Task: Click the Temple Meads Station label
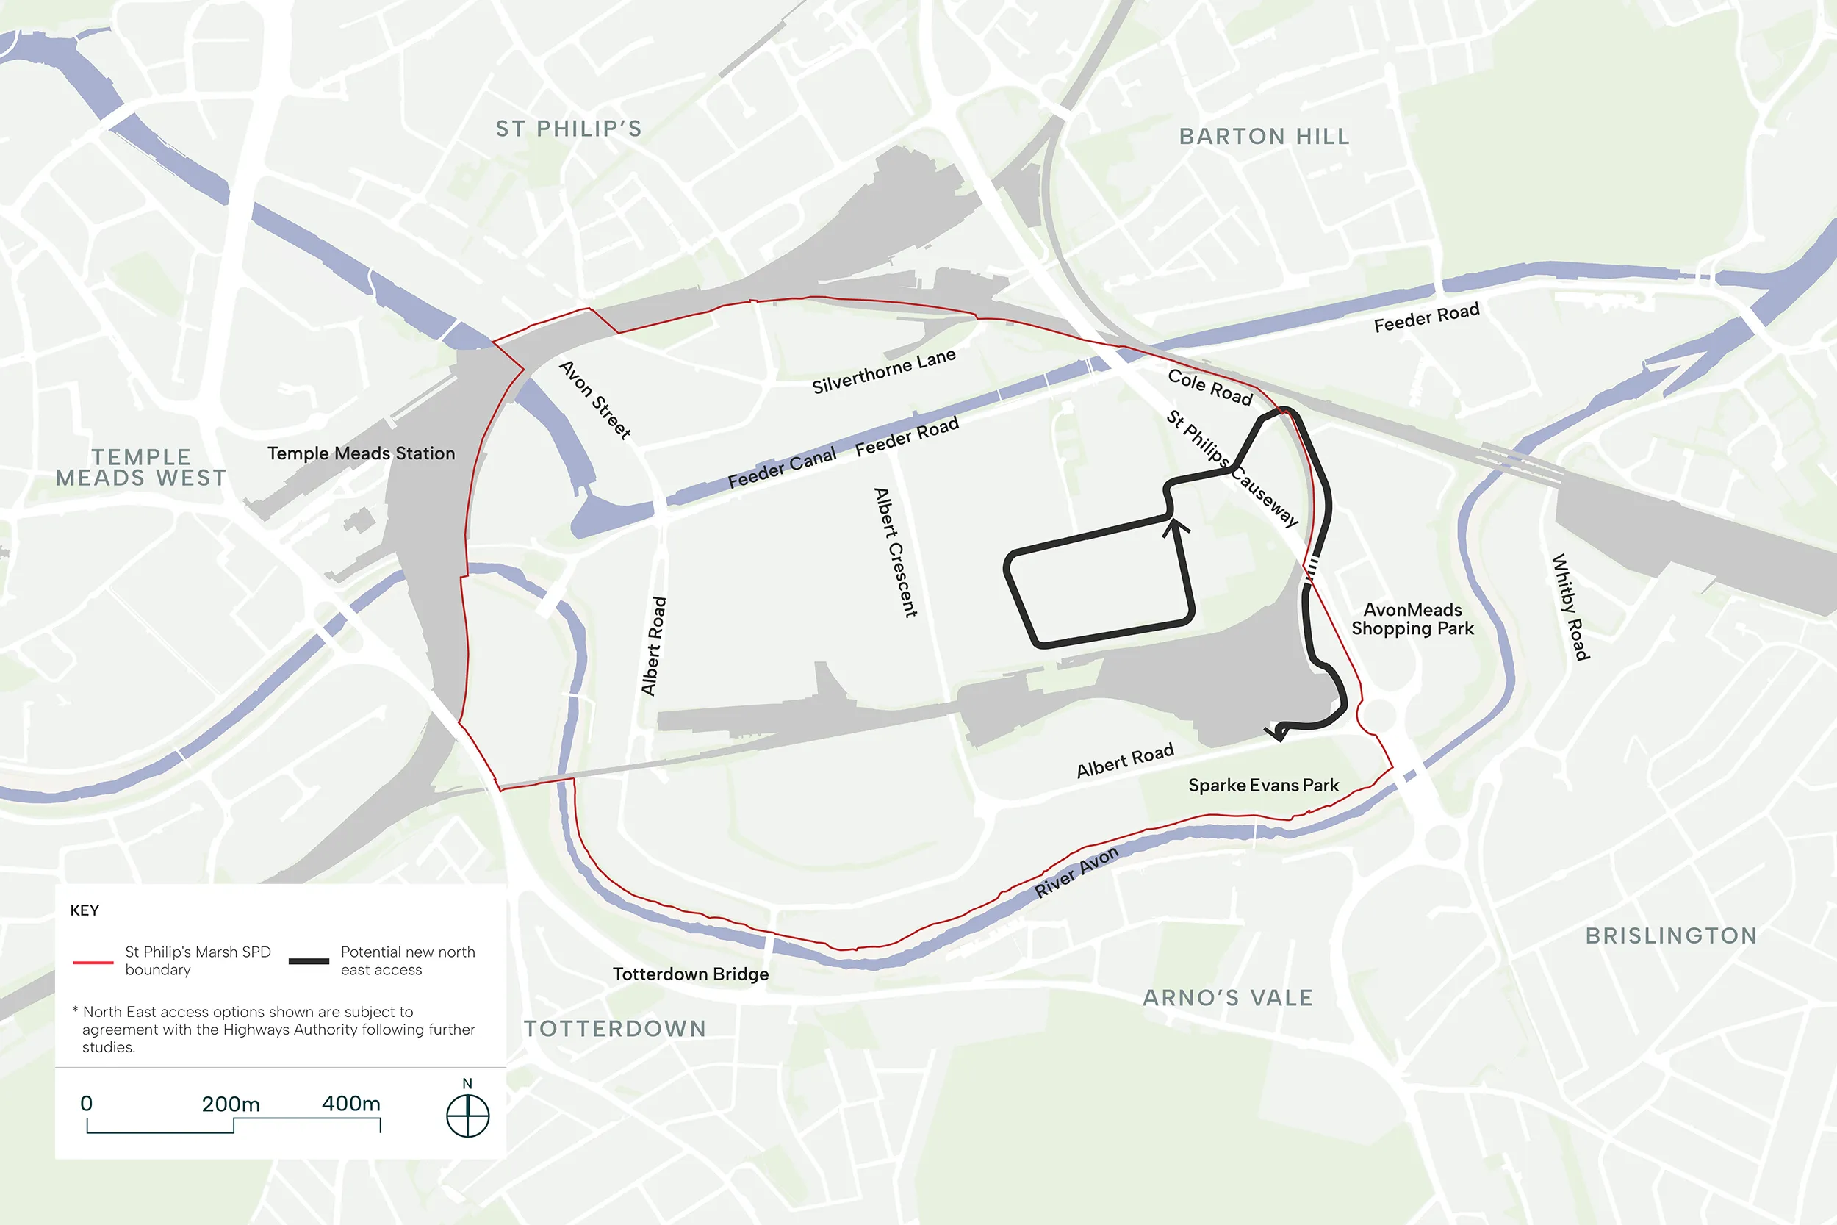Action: pos(361,453)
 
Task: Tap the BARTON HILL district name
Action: pos(1264,137)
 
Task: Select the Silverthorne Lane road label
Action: pos(883,372)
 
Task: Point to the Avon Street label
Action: pos(595,399)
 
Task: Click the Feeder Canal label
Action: pos(781,468)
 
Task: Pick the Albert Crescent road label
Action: pos(895,553)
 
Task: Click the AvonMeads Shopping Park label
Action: pos(1412,619)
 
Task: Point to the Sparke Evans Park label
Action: pos(1263,785)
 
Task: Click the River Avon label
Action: pos(1076,872)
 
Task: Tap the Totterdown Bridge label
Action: pos(691,974)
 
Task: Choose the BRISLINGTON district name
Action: pos(1671,935)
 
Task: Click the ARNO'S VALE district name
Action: pos(1227,998)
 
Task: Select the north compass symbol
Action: pos(467,1116)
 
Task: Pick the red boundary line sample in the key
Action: pos(93,963)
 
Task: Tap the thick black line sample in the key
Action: pos(309,961)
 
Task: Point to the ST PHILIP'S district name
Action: pos(569,129)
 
